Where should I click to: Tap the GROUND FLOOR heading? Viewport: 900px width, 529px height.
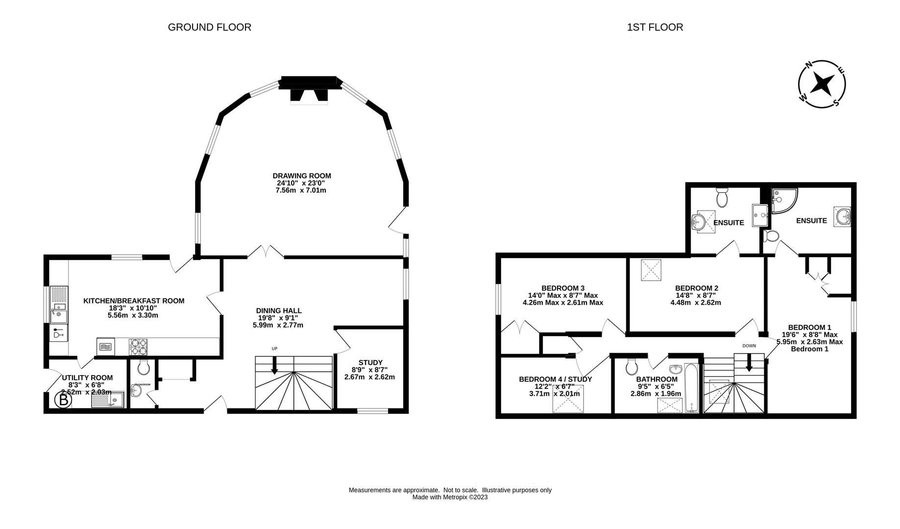[209, 27]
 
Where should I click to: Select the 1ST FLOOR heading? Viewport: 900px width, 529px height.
[655, 27]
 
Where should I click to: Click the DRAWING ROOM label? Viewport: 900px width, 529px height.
[302, 176]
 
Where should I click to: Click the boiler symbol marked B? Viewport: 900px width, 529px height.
[63, 400]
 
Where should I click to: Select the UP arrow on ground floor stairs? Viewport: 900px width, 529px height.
[274, 365]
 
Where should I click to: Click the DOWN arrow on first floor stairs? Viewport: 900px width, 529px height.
[749, 363]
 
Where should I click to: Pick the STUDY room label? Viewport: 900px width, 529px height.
[370, 363]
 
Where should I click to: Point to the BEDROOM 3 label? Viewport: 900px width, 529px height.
[562, 288]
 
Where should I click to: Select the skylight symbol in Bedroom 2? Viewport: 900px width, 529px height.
[651, 270]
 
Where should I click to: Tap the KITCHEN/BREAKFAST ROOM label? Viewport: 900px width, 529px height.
[134, 301]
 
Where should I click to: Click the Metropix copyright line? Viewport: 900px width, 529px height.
[450, 497]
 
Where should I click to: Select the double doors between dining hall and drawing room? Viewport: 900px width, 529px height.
[266, 253]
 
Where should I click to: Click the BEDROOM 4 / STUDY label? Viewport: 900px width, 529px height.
[555, 379]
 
